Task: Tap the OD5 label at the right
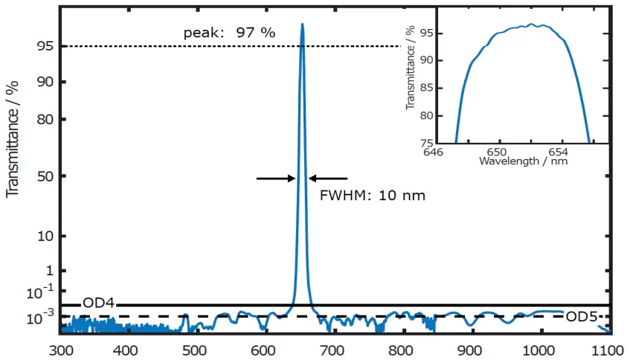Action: pos(582,317)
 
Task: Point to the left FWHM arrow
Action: pos(275,178)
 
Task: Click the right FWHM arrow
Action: pos(328,178)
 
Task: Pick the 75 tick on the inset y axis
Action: pos(427,143)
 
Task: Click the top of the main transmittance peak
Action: pos(302,25)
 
